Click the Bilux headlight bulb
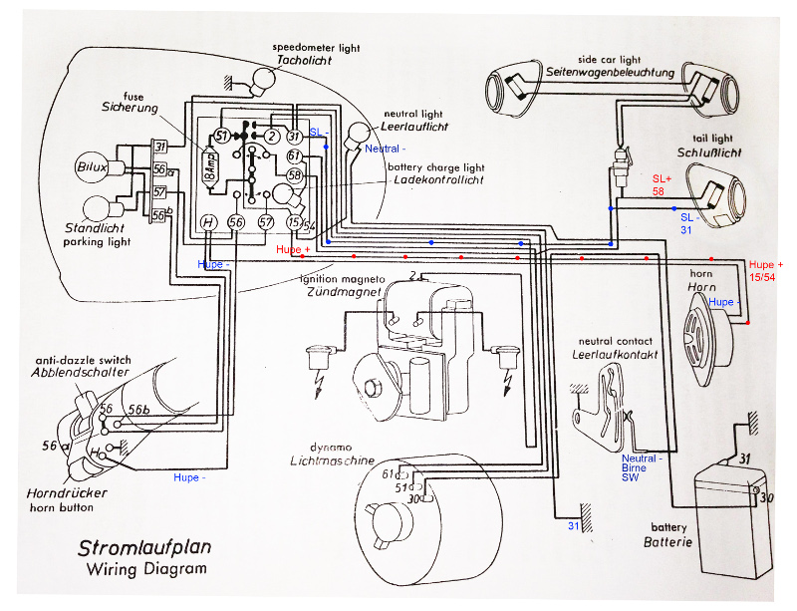coord(91,165)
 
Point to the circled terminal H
coord(208,222)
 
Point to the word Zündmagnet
coord(344,296)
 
